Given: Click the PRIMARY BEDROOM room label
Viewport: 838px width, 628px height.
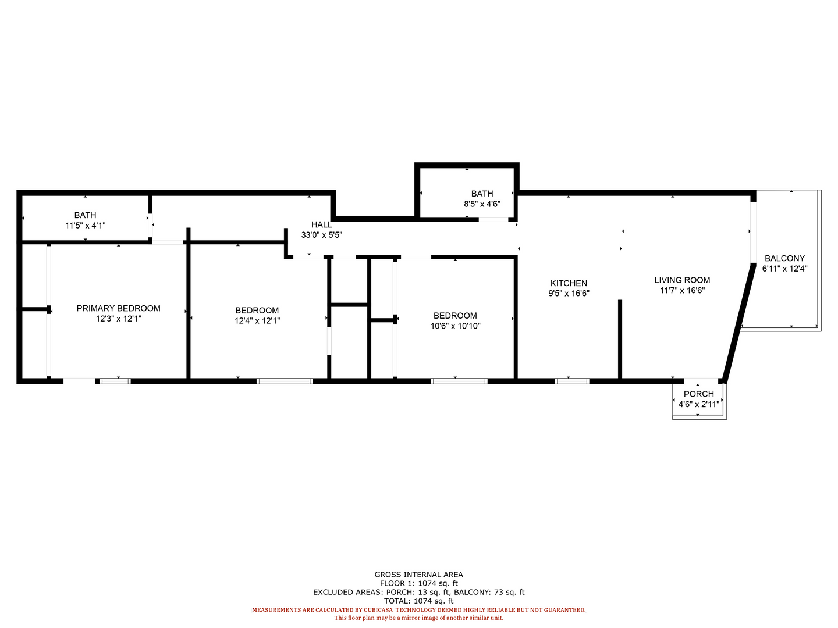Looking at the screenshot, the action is (x=118, y=308).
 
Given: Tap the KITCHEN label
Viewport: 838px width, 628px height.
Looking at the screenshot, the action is (x=569, y=283).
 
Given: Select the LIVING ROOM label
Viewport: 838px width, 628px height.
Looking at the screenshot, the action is (x=682, y=280).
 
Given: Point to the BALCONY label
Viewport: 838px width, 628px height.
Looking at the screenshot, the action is (x=784, y=258).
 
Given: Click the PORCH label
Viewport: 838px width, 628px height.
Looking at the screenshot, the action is (x=699, y=394).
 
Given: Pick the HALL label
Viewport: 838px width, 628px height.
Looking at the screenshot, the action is (x=321, y=224).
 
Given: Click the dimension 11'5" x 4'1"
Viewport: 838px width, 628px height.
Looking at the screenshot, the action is (x=85, y=226).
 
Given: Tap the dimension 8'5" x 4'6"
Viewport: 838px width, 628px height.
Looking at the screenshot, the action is (x=482, y=204).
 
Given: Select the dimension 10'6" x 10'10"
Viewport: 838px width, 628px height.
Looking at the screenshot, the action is (x=455, y=326).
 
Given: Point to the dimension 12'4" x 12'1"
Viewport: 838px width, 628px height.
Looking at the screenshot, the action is (x=257, y=320).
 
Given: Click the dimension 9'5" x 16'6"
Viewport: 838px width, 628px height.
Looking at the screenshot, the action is (x=569, y=293).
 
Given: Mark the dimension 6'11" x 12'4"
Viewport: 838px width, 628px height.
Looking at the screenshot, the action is (x=784, y=269).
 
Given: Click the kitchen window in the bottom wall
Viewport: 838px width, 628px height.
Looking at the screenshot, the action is (x=571, y=381).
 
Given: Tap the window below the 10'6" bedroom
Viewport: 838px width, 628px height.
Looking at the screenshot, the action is (x=459, y=381).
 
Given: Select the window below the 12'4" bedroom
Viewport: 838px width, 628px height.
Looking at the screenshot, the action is (x=285, y=381).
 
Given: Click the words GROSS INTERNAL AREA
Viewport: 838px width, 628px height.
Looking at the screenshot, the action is (x=418, y=575).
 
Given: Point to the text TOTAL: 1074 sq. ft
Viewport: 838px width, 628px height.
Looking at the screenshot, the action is (x=418, y=601).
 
